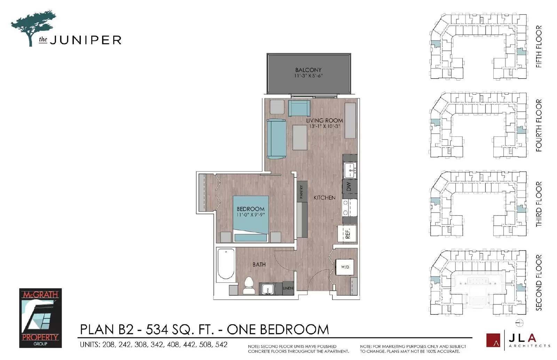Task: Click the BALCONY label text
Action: pos(308,70)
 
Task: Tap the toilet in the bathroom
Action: pos(249,286)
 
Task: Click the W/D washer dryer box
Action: pos(345,267)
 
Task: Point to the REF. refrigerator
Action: pos(347,233)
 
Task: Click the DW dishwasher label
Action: pos(349,187)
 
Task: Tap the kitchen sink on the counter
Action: pos(350,170)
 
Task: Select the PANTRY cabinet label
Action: pos(301,191)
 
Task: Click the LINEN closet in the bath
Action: pos(288,288)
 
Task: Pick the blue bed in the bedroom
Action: pos(251,218)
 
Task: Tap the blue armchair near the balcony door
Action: pos(299,108)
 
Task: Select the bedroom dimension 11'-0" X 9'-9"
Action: pos(251,215)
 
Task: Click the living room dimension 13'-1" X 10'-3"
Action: pos(324,126)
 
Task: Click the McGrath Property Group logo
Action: pos(40,318)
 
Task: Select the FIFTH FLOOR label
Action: pos(539,46)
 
